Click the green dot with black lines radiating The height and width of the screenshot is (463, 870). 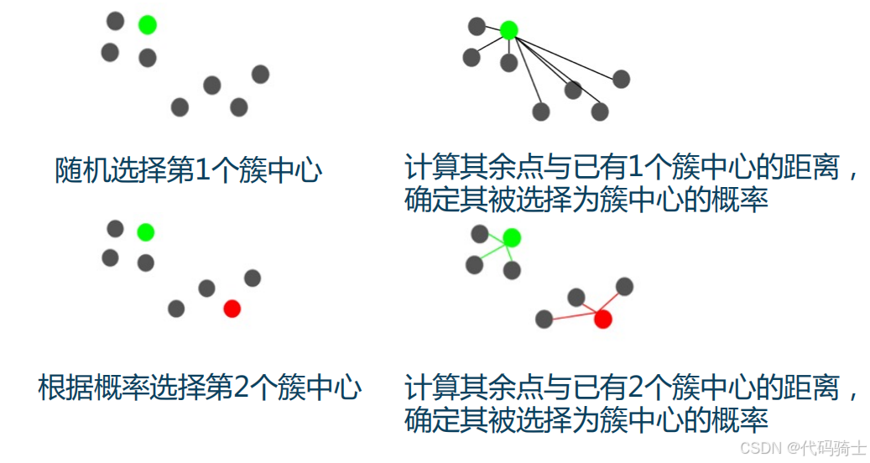(508, 30)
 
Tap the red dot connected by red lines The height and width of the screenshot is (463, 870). (602, 319)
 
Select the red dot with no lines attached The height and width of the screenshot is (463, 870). (232, 309)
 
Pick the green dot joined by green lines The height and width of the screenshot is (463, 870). (512, 238)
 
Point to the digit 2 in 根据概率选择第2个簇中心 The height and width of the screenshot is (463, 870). (239, 388)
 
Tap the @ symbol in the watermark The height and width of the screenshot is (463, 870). (791, 448)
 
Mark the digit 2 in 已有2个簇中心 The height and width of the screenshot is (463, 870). (635, 388)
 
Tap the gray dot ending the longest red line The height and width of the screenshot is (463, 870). (544, 319)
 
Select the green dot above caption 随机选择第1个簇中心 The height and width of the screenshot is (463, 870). (147, 25)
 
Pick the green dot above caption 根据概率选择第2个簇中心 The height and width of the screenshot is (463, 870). (145, 231)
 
